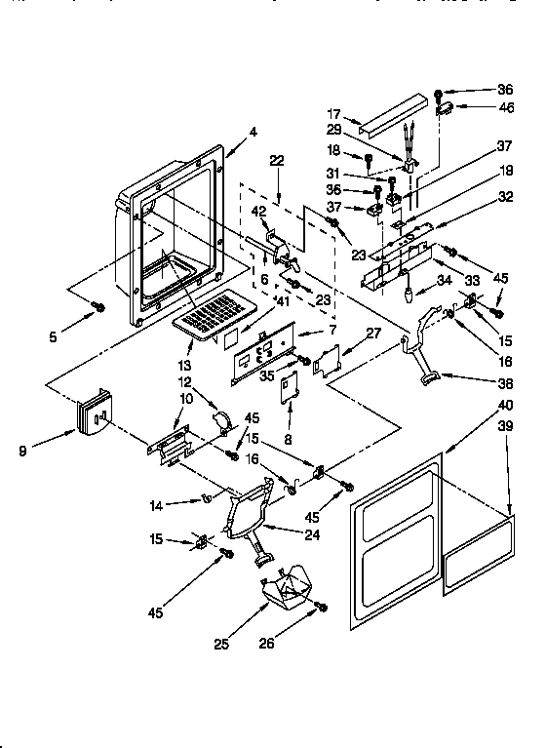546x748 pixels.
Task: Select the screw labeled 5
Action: pyautogui.click(x=98, y=308)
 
